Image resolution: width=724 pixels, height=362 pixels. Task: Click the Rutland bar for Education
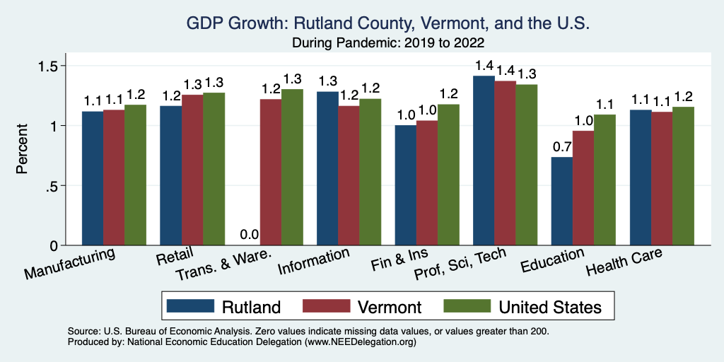pyautogui.click(x=561, y=201)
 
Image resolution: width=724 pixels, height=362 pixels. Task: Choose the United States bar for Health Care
pyautogui.click(x=682, y=176)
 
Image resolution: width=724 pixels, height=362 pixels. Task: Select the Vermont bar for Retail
pyautogui.click(x=192, y=170)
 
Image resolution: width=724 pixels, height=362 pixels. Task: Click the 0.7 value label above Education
pyautogui.click(x=561, y=147)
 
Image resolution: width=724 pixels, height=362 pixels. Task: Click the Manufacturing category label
pyautogui.click(x=71, y=262)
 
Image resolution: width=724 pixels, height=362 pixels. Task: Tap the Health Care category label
pyautogui.click(x=624, y=261)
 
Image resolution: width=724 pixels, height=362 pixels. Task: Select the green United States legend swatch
pyautogui.click(x=466, y=306)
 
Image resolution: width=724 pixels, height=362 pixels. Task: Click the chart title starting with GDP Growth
pyautogui.click(x=387, y=23)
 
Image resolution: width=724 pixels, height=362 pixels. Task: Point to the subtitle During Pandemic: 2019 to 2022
pyautogui.click(x=387, y=42)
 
